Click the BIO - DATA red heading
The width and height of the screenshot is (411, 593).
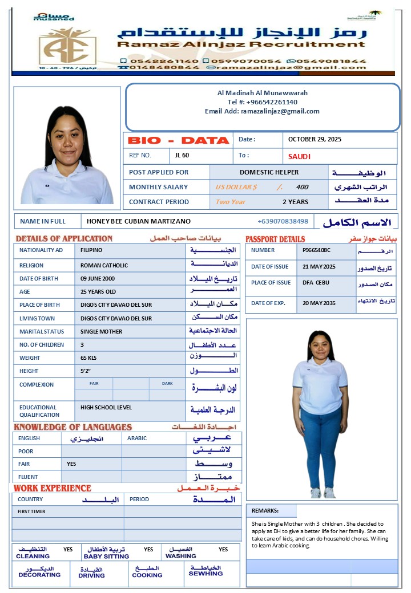178,140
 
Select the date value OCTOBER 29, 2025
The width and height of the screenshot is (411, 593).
315,139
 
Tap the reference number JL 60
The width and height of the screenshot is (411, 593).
182,155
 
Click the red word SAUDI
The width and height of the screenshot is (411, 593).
299,156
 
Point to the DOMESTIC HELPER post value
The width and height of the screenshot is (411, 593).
269,172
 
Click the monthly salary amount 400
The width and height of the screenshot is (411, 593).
302,187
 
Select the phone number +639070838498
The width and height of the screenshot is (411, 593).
283,221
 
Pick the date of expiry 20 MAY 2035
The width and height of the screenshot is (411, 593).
319,303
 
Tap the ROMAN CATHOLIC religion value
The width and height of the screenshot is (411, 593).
104,265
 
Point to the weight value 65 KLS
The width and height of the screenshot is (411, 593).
90,358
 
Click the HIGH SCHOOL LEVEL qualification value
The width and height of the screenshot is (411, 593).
106,407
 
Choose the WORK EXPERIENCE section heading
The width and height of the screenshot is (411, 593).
53,488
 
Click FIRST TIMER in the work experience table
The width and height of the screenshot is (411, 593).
31,511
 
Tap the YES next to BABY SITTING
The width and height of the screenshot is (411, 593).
148,550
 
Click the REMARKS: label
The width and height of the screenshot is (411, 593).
265,511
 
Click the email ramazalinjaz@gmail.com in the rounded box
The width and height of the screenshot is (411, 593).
280,111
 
